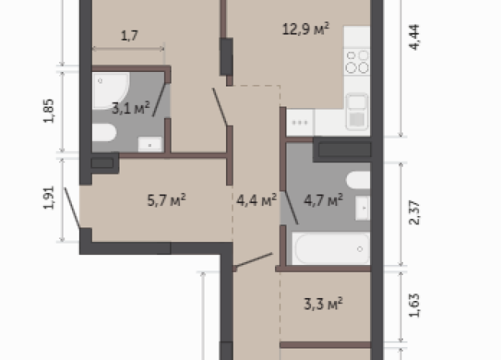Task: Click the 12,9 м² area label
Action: coord(306,29)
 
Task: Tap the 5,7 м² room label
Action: coord(166,200)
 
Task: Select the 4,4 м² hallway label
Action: coord(257,201)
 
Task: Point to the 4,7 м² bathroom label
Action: coord(323,200)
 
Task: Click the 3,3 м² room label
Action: coord(323,303)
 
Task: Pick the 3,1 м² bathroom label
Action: coord(131,108)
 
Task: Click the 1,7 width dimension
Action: coord(129,35)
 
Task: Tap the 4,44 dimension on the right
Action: coord(414,37)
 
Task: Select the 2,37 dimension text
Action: coord(414,213)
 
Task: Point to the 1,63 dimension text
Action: coord(414,306)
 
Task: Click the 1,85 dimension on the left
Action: coord(49,111)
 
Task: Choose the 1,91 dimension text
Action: coord(49,198)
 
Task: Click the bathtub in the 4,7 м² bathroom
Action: coord(332,248)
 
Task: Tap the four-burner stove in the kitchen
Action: coord(357,61)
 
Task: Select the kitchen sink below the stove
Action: coord(356,112)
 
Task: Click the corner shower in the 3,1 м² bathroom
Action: coord(110,90)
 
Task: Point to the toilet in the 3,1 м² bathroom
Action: coord(104,133)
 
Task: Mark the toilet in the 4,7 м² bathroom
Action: coord(359,180)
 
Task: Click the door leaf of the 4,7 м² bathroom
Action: coord(291,208)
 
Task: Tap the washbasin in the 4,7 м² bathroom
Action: coord(363,208)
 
